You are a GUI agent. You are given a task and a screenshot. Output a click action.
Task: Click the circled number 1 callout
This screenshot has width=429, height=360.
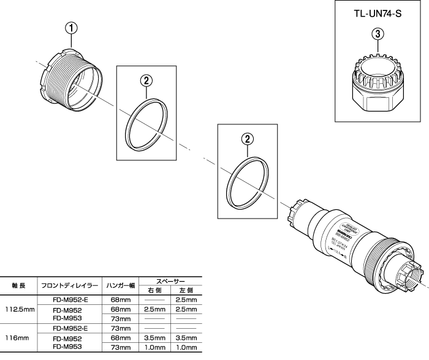click(x=72, y=27)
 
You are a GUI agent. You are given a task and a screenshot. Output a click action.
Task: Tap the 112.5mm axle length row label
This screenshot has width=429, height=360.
click(x=18, y=310)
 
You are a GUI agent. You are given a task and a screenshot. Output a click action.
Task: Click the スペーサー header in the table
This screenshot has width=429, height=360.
click(x=167, y=280)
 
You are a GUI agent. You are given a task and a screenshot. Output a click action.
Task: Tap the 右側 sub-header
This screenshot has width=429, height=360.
click(x=154, y=290)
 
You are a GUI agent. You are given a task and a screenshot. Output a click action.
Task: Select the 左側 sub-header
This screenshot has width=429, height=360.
click(x=184, y=290)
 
